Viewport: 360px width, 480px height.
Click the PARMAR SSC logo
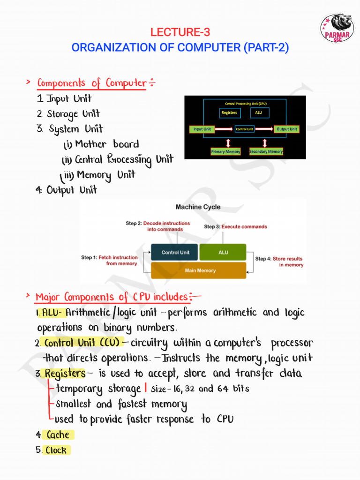[x=337, y=28]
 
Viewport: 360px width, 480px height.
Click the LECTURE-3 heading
[x=180, y=32]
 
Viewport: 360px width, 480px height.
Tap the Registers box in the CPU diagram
[x=229, y=112]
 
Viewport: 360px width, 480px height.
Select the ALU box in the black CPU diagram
[x=259, y=112]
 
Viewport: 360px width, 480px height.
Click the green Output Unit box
[x=286, y=129]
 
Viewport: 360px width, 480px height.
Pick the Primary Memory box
[x=225, y=151]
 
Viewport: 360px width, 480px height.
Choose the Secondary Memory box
[x=266, y=151]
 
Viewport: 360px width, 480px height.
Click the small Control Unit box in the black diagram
[x=244, y=129]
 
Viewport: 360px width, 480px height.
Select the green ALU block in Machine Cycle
[x=223, y=252]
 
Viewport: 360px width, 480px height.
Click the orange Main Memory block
[x=199, y=270]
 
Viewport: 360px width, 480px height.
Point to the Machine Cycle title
[x=198, y=207]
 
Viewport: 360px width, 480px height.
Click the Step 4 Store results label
[x=279, y=262]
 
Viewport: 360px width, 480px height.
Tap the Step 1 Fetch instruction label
[x=110, y=260]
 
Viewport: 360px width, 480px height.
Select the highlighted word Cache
[x=58, y=435]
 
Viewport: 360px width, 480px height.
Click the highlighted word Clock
[x=56, y=450]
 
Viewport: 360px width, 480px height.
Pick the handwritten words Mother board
[x=107, y=144]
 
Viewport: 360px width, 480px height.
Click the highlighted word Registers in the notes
[x=65, y=374]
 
